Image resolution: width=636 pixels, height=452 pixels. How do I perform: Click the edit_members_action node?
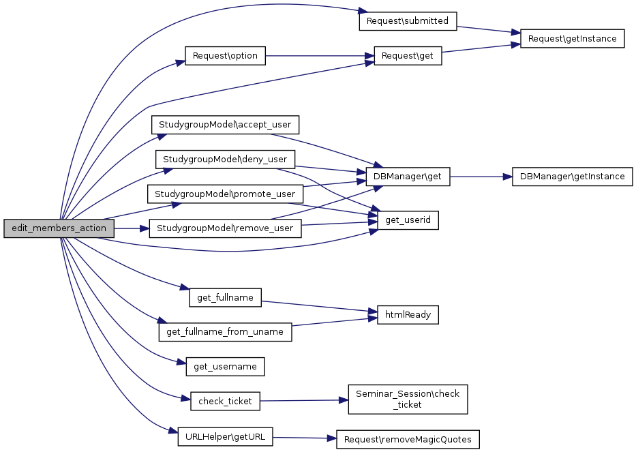tap(59, 228)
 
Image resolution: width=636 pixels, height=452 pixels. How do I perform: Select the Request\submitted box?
tap(407, 21)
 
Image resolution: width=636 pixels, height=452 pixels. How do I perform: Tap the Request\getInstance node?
tap(573, 39)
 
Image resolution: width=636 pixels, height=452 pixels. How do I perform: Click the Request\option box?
tap(225, 56)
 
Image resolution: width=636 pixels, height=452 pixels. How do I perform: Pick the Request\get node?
tap(408, 56)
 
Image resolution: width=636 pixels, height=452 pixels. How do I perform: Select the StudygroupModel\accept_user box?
tap(225, 125)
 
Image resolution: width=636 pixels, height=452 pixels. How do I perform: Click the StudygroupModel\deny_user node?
tap(225, 160)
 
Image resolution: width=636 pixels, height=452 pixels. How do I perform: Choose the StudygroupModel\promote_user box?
tap(225, 194)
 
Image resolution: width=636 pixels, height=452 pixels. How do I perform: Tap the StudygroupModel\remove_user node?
tap(225, 228)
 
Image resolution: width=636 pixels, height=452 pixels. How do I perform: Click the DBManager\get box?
tap(408, 177)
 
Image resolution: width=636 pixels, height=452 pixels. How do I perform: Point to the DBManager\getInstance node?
tap(572, 177)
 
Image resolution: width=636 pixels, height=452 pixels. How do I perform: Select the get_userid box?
tap(408, 220)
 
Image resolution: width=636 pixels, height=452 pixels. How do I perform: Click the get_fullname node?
tap(225, 298)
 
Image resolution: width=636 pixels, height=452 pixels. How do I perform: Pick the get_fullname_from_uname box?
tap(225, 332)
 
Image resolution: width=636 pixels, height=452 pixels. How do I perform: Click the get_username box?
tap(225, 367)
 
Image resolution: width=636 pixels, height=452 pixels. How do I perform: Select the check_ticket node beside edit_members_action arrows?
tap(225, 402)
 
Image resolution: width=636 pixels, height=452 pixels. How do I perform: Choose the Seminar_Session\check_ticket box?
tap(408, 399)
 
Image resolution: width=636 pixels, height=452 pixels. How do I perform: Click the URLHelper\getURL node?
tap(225, 436)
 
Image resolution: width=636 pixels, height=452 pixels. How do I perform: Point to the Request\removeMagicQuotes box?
tap(408, 440)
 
